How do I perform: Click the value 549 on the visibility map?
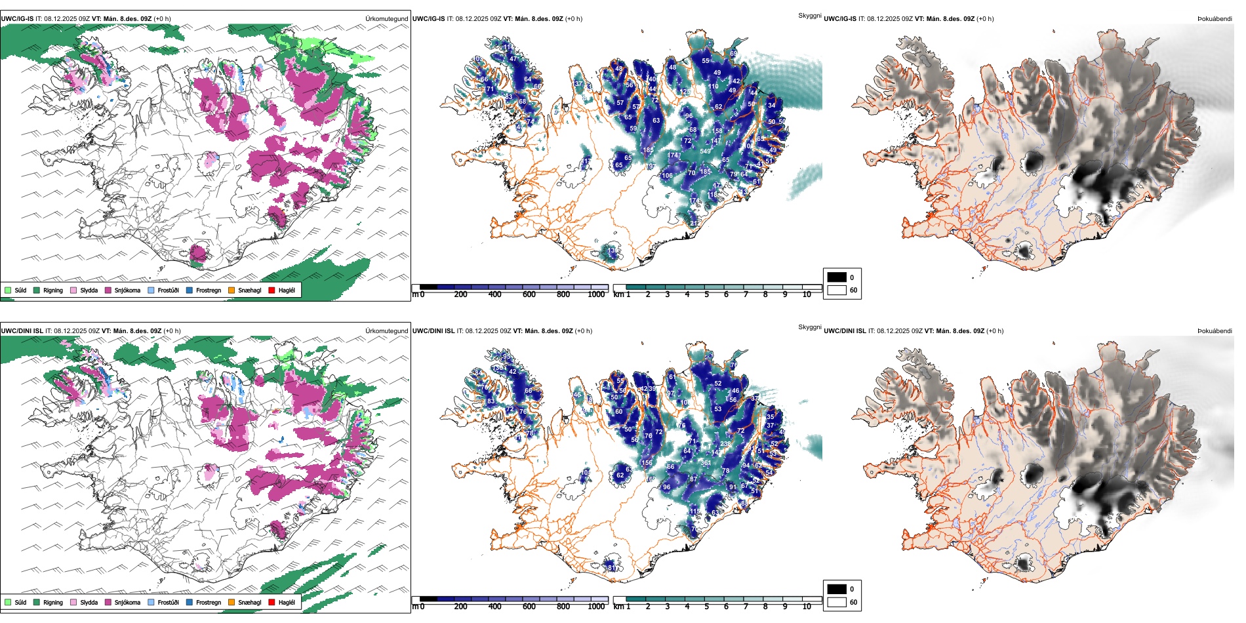tap(705, 151)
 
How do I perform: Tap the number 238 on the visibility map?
tap(725, 444)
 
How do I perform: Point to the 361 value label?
tap(706, 463)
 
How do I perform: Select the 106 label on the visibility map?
tap(667, 176)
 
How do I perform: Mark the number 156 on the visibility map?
tap(647, 463)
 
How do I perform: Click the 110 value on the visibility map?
tap(713, 87)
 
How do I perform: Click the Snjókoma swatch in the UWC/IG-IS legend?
tap(108, 290)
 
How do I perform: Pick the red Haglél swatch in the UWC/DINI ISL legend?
tap(271, 602)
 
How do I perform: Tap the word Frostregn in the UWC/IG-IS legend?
tap(208, 290)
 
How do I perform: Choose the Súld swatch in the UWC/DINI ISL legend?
tap(8, 602)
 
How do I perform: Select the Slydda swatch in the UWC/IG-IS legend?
tap(73, 290)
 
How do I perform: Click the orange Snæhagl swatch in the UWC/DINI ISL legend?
tap(231, 602)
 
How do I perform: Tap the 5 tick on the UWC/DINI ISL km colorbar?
tap(706, 607)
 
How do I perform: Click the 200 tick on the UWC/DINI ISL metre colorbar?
tap(460, 607)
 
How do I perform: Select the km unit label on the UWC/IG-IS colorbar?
tap(618, 294)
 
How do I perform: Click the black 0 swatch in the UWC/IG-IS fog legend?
tap(837, 277)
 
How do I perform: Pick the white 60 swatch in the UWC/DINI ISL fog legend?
tap(837, 602)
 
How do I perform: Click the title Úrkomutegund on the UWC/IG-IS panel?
tap(386, 19)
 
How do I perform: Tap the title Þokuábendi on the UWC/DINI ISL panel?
tap(1215, 331)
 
